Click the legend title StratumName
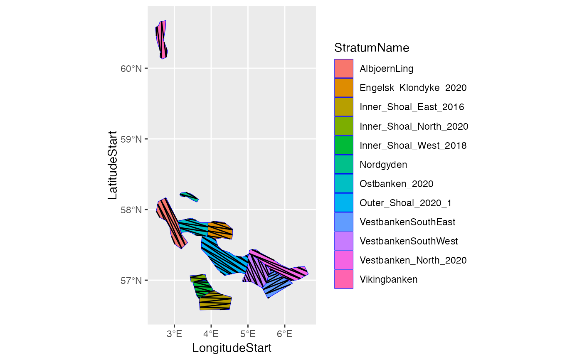point(372,48)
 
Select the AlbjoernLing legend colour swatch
point(344,69)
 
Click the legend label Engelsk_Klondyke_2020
point(413,88)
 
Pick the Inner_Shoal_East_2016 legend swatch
point(344,107)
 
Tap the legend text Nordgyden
point(383,165)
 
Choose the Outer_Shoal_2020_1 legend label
point(405,203)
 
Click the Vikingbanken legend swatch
point(344,279)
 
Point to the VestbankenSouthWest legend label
point(409,241)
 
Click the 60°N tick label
point(131,69)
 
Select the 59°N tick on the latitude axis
point(131,139)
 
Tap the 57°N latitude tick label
point(131,280)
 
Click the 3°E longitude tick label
point(174,333)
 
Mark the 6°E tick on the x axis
point(284,333)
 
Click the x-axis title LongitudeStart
point(232,348)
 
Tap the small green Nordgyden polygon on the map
point(190,196)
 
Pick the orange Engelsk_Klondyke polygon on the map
point(220,230)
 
